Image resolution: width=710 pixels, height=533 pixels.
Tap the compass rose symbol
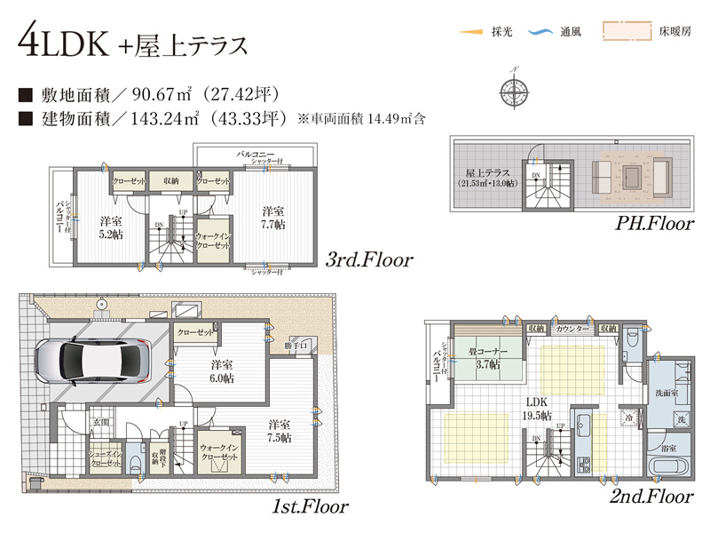point(513,88)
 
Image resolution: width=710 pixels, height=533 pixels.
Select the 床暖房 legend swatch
point(624,32)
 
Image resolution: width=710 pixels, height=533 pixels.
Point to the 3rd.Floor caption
point(369,260)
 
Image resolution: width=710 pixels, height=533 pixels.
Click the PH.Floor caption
point(655,224)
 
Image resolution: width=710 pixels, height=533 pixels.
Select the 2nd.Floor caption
point(651,497)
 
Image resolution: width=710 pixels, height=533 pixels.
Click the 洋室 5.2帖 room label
point(112,227)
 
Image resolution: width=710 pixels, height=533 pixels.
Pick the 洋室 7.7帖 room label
point(273,218)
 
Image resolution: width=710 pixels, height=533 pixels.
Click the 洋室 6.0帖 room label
point(223,371)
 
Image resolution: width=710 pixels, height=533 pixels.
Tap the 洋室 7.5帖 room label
point(280,430)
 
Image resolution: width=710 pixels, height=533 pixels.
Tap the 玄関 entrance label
point(99,421)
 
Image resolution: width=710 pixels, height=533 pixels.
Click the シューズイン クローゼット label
point(105,458)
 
